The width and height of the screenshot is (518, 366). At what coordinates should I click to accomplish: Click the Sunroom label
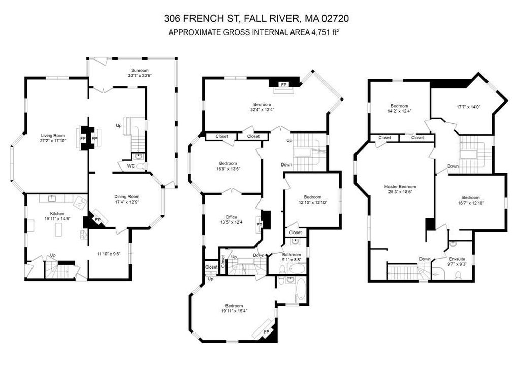tap(140, 70)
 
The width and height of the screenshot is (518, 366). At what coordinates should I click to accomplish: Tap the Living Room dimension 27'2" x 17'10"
tap(53, 140)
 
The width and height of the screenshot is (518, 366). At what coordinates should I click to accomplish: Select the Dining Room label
tap(127, 196)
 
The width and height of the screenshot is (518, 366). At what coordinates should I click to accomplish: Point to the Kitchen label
tap(57, 213)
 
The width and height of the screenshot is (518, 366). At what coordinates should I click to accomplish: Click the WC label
tap(131, 166)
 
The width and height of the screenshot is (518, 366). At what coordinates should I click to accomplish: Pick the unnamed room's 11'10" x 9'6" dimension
tap(109, 254)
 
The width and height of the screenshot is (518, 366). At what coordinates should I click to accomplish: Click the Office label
tap(231, 217)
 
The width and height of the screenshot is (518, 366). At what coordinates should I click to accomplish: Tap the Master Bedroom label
tap(400, 187)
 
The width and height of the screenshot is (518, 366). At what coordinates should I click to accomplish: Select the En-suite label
tap(457, 259)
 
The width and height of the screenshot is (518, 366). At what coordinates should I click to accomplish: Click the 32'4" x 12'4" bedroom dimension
tap(263, 109)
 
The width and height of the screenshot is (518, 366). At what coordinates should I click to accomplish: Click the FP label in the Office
tap(260, 225)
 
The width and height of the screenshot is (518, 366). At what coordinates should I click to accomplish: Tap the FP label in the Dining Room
tap(98, 220)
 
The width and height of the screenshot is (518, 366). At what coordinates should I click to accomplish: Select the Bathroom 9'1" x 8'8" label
tap(292, 257)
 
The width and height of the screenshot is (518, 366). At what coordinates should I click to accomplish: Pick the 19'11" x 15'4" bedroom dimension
tap(234, 311)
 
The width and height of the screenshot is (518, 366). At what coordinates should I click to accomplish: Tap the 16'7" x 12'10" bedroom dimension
tap(470, 203)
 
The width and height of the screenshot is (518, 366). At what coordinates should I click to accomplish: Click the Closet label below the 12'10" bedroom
tap(296, 232)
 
